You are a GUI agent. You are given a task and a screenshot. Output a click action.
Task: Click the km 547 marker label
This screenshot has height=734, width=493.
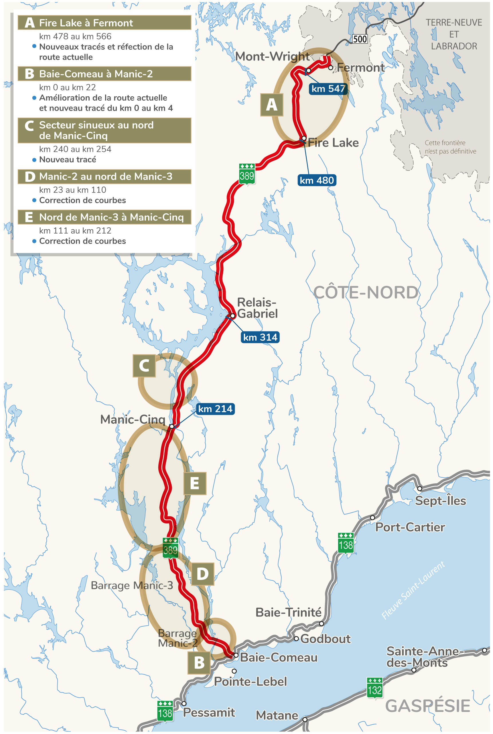(328, 89)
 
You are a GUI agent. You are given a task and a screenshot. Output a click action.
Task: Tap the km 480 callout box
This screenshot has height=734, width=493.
(317, 180)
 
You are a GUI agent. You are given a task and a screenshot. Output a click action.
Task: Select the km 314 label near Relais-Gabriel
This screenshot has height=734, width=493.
(260, 337)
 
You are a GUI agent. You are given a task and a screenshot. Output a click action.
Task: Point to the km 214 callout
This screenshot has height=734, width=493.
(215, 409)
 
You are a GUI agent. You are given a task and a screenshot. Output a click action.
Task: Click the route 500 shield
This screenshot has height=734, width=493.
(360, 39)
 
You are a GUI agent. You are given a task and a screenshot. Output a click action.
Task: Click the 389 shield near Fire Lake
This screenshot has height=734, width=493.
(247, 174)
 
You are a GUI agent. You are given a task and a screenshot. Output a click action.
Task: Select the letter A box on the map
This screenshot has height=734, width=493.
(272, 105)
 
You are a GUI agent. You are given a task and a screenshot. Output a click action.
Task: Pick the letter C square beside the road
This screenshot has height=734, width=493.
(144, 366)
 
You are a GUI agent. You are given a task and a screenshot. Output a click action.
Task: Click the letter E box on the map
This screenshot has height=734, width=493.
(195, 483)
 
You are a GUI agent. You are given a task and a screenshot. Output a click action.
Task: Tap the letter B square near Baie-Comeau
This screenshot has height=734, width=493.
(199, 663)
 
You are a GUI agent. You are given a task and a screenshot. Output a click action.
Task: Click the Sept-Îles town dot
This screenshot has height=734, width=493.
(419, 488)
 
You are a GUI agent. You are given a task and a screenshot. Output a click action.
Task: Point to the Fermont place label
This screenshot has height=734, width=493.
(361, 68)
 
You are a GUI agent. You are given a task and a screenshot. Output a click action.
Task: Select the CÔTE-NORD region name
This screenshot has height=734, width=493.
(366, 293)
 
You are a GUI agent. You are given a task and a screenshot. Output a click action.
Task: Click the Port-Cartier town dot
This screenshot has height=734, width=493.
(372, 517)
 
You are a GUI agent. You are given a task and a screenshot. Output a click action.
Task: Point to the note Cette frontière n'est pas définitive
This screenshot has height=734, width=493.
(450, 147)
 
